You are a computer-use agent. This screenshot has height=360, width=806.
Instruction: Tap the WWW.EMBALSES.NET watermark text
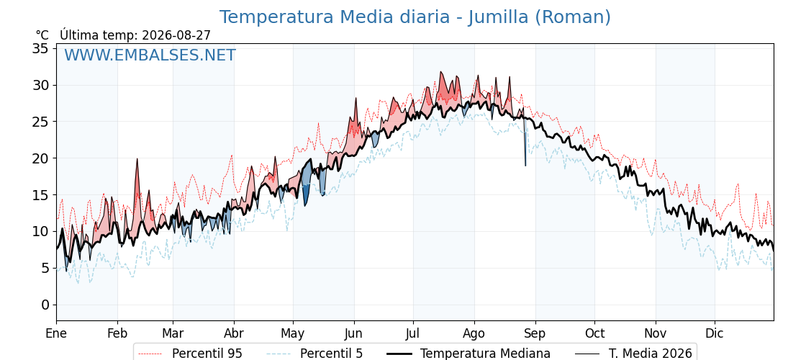coord(150,55)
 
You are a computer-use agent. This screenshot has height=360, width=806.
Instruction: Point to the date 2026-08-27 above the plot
coord(176,35)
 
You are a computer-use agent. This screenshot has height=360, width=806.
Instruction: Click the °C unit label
coord(42,35)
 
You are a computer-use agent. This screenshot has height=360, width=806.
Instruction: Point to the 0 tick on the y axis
coord(46,305)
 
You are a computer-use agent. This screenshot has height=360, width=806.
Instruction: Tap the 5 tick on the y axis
coord(46,268)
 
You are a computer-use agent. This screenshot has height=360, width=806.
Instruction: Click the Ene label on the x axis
coord(57,333)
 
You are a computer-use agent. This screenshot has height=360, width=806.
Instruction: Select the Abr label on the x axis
coord(234,333)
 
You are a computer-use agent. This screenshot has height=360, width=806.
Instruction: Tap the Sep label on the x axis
coord(535,333)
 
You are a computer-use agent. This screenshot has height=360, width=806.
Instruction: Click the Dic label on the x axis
coord(715,333)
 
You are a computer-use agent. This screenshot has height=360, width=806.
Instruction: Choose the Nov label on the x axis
coord(656,333)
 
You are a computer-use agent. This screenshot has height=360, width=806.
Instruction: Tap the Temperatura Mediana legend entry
coord(468,354)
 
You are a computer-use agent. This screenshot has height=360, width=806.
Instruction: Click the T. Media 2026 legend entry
coord(633,354)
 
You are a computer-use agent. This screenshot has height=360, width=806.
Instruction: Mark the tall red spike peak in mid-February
coord(137,159)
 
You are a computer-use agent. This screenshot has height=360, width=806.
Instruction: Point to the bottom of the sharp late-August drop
coord(525,165)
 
